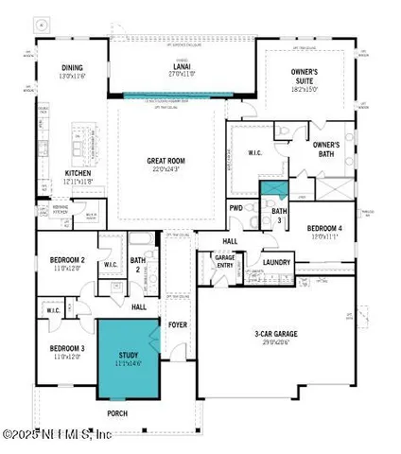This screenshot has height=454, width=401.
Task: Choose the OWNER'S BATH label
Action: click(x=326, y=148)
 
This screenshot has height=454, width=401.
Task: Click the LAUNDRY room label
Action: click(x=277, y=262)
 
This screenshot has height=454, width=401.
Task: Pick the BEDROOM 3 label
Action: click(x=68, y=348)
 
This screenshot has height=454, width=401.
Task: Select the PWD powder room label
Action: click(x=236, y=210)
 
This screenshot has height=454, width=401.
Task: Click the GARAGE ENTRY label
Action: click(x=224, y=260)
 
